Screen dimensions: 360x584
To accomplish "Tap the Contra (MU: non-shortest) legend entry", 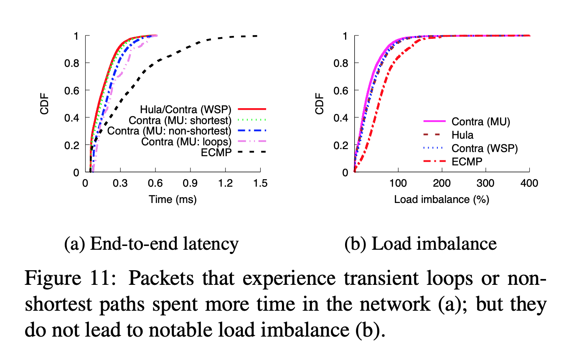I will tap(169, 131).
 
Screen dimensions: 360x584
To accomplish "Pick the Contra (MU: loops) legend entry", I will tap(186, 142).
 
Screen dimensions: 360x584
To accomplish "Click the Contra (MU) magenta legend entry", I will tap(481, 122).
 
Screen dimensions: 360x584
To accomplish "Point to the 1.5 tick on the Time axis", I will tap(260, 183).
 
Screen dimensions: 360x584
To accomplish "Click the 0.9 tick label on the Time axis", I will tap(190, 183).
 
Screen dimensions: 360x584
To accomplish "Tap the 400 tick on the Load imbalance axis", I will tap(529, 183).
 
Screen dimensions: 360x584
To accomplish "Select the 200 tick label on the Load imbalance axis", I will tap(442, 183).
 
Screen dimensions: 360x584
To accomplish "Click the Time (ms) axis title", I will tap(173, 199).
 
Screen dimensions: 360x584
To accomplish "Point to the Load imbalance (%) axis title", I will tap(442, 199).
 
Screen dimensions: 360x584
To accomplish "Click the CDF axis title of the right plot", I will tap(320, 104).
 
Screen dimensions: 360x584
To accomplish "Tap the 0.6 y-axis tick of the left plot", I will tap(72, 90).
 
